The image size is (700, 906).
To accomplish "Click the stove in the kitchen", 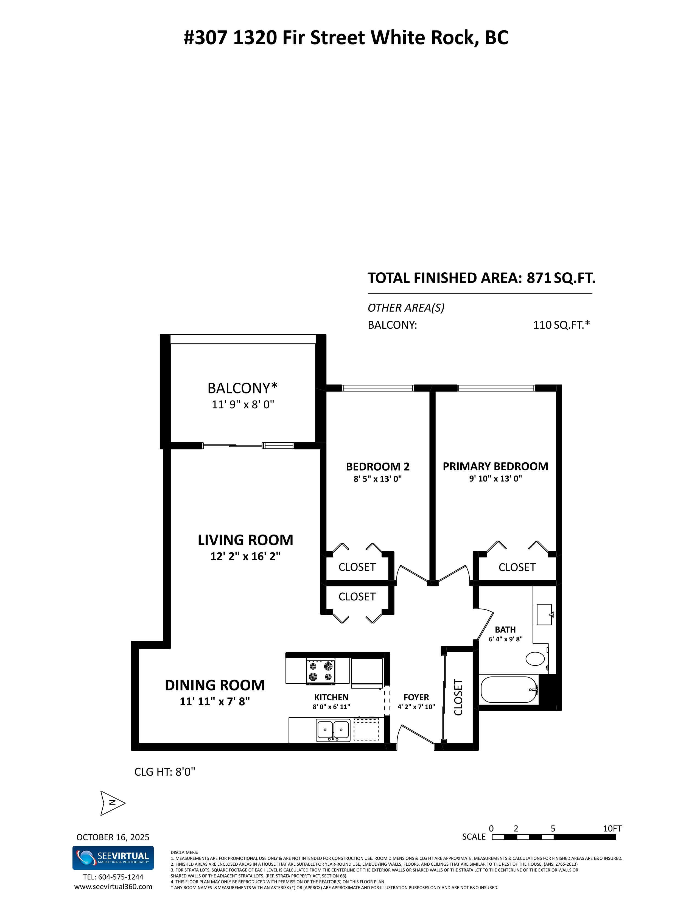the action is [x=321, y=672].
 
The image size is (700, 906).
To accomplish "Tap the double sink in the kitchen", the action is [x=333, y=730].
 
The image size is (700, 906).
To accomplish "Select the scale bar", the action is [x=554, y=837].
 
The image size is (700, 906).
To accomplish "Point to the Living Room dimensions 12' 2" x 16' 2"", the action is [x=245, y=556].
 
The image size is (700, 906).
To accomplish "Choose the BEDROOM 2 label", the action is [x=378, y=467].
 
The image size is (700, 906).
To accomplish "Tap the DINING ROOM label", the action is [x=215, y=685].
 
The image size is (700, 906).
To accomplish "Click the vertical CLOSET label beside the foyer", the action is [x=458, y=697].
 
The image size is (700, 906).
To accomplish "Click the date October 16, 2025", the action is [x=113, y=837].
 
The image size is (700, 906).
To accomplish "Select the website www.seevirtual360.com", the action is [x=113, y=887].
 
